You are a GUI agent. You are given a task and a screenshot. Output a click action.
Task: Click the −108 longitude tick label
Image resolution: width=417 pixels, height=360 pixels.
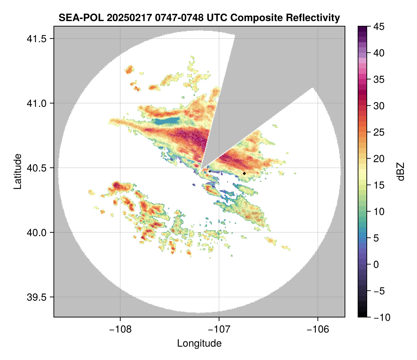(120, 329)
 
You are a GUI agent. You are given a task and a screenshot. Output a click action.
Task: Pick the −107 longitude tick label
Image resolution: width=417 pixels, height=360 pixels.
(219, 329)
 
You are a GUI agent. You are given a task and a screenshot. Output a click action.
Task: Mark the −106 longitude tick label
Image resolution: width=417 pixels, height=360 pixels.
(318, 329)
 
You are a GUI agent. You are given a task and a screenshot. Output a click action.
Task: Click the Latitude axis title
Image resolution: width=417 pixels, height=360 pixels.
(17, 171)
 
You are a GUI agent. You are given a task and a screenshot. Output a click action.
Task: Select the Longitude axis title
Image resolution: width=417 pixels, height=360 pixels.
(199, 343)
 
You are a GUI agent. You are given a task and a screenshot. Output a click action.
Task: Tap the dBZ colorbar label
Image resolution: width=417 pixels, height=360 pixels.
(401, 172)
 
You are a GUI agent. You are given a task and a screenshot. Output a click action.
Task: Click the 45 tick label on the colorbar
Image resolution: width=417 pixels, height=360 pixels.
(379, 27)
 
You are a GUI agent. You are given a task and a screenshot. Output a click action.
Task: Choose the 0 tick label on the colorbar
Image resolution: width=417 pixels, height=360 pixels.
(377, 264)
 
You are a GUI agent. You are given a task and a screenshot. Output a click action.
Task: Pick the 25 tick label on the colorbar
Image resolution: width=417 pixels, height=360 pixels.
(379, 132)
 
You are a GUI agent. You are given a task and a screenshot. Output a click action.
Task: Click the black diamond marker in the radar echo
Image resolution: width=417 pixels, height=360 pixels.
(244, 173)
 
